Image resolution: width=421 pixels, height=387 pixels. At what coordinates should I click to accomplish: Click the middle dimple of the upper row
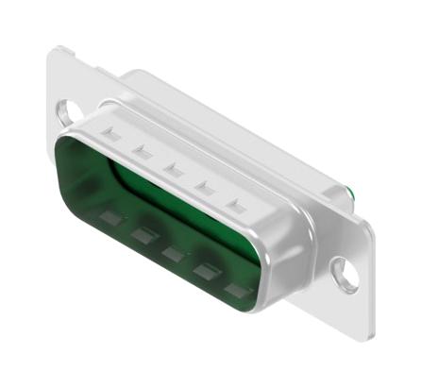(x=172, y=168)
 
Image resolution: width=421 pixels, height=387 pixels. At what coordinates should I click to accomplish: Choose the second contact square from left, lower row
(x=143, y=234)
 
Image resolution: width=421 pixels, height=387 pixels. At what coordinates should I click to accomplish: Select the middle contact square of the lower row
(x=172, y=252)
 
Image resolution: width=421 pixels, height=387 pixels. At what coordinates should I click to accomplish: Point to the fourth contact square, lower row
(x=203, y=271)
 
